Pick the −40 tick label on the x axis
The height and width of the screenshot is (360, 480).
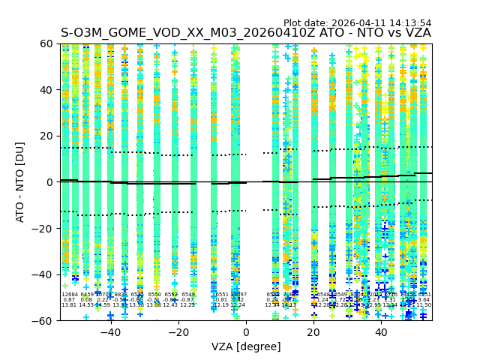[x=110, y=332]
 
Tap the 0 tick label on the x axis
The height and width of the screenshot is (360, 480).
[x=246, y=332]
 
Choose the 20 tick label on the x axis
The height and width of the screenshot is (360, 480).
[x=313, y=332]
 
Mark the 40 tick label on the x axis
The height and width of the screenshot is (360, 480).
[x=381, y=332]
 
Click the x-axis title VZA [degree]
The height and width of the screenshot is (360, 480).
[x=246, y=346]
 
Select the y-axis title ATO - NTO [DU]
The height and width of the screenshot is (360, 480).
[x=21, y=182]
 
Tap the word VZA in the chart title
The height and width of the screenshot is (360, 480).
[x=416, y=33]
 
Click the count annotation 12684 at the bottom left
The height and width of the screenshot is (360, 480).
[x=69, y=295]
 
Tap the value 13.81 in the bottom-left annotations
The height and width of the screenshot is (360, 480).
[x=69, y=305]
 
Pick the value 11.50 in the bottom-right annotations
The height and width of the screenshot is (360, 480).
[x=424, y=305]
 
